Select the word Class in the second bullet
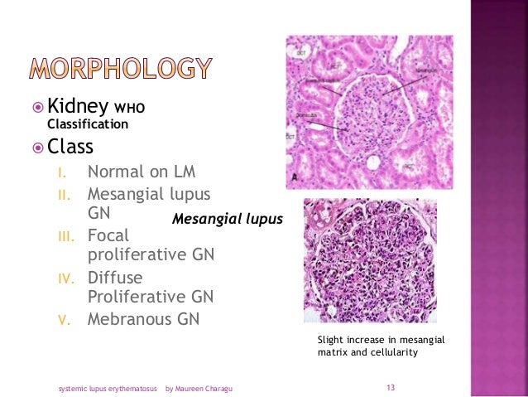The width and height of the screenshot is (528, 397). [70, 147]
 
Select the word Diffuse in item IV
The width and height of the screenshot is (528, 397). [115, 277]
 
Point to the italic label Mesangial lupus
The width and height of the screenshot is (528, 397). [228, 220]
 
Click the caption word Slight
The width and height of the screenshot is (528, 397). [333, 340]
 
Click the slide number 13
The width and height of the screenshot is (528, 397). [391, 387]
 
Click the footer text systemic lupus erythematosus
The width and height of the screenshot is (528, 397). [106, 387]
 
